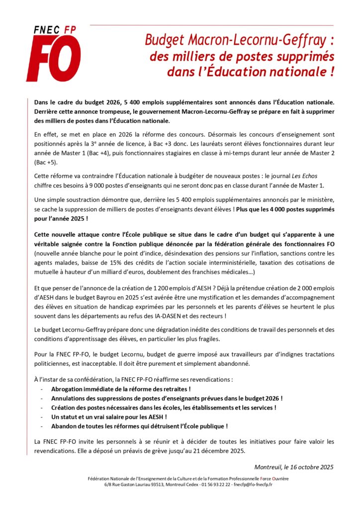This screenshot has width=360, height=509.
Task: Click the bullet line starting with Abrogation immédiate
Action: (121, 389)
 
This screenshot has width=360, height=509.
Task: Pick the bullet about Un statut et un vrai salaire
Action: (109, 417)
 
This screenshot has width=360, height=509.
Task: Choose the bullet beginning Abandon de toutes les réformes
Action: (139, 426)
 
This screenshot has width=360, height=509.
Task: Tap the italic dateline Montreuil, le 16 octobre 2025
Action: (294, 467)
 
